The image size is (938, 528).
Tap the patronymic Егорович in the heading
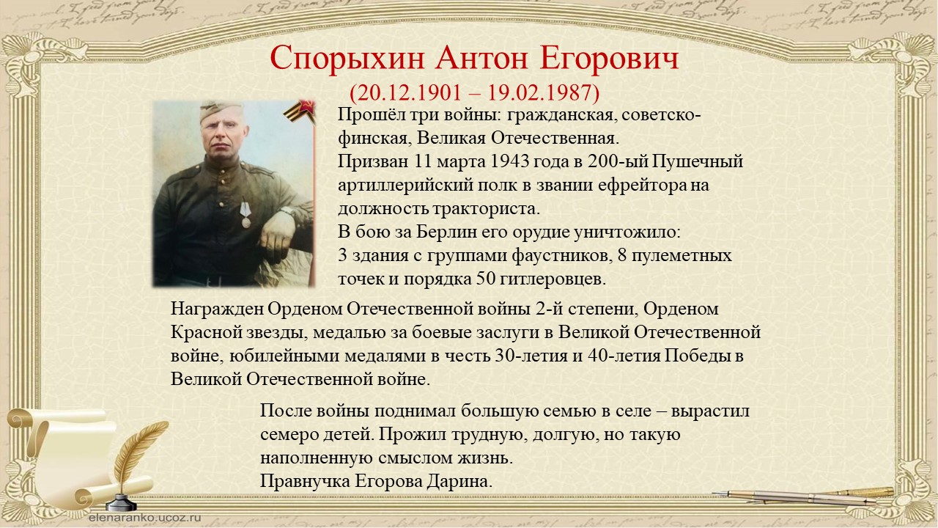tap(609, 58)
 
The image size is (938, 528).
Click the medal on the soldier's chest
tap(245, 214)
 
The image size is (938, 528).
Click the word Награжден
tap(218, 309)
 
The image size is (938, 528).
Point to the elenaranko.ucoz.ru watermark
tap(145, 518)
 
